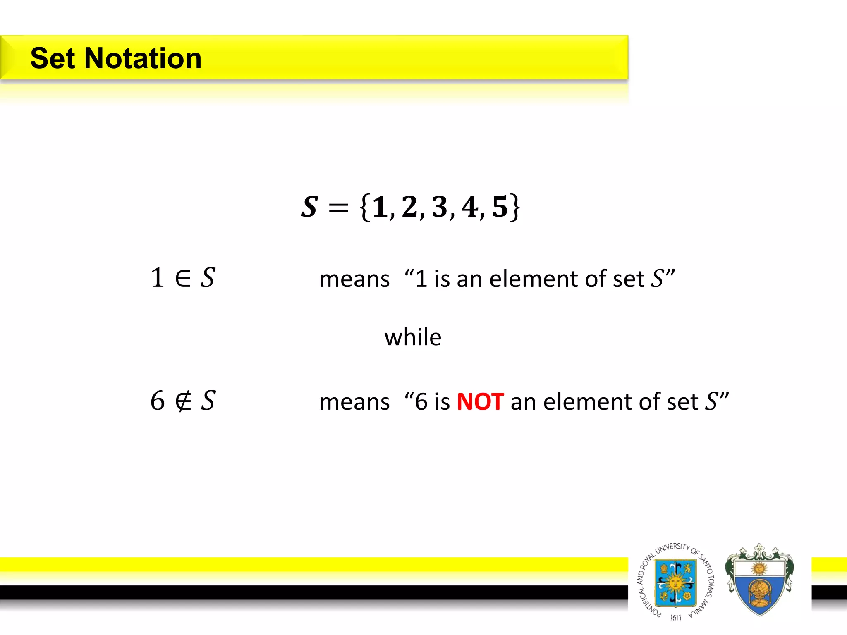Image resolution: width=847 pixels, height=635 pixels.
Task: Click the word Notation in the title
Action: point(143,58)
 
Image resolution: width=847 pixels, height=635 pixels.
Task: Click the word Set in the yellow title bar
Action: point(53,58)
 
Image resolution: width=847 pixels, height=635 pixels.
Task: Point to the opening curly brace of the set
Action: point(364,207)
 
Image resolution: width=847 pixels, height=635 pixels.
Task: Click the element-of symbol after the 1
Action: point(183,278)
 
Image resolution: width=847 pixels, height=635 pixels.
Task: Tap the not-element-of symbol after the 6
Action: point(183,401)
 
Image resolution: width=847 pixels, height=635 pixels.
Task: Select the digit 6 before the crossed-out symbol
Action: point(157,401)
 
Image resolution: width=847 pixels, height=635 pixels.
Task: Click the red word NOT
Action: point(480,402)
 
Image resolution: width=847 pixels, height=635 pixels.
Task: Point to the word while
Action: point(413,337)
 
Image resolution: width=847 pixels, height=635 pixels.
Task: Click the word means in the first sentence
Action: point(354,279)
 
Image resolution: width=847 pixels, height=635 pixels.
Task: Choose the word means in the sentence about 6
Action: point(354,402)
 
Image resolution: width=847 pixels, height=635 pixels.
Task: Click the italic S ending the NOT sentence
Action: point(711,401)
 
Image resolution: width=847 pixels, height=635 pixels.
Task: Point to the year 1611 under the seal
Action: point(676,617)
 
